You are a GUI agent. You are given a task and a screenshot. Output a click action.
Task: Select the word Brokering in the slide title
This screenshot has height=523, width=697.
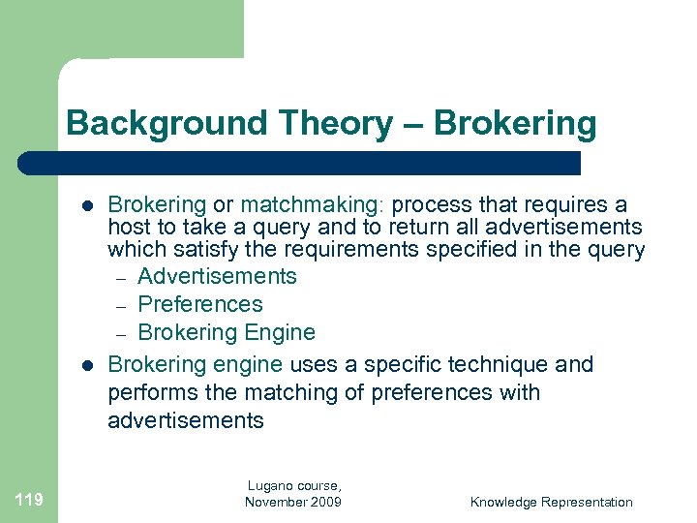coord(515,123)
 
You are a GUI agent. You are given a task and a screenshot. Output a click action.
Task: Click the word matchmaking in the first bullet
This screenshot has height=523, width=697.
coord(313,204)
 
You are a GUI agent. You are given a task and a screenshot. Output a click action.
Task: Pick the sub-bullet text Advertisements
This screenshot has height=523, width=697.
coord(217,276)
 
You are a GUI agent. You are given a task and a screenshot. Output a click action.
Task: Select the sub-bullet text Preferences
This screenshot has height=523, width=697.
coord(200,304)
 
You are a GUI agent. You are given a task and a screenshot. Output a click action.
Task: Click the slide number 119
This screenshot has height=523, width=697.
coord(29,500)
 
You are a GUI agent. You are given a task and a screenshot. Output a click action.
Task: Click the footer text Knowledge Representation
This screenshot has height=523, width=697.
coord(551,502)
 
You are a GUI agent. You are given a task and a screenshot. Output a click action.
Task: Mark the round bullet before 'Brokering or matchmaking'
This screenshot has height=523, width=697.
coord(86,205)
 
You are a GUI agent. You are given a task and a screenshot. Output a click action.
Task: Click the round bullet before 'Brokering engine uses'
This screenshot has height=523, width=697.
coord(86,365)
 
